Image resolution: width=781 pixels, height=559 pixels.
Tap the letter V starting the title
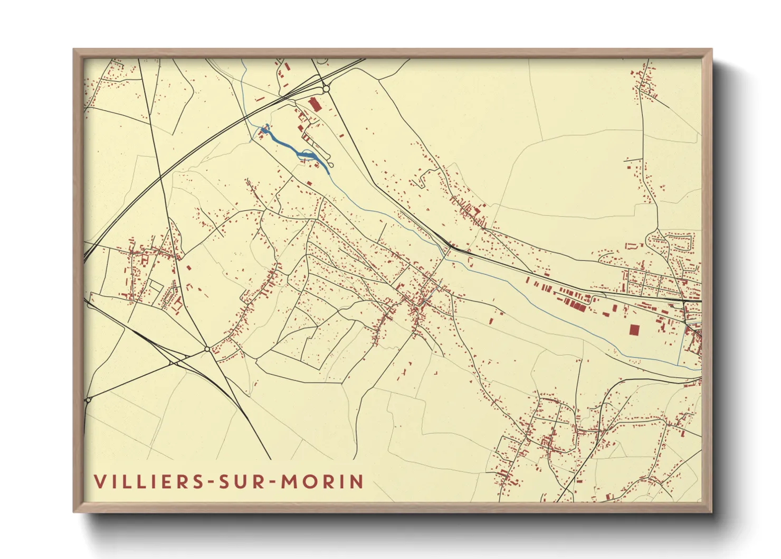point(99,481)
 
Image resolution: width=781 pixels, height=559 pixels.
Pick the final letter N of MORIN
point(357,481)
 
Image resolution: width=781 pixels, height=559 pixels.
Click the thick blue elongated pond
point(296,151)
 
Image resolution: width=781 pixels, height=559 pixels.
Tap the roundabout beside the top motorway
point(326,89)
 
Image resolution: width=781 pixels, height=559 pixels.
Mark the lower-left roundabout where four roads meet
point(207,349)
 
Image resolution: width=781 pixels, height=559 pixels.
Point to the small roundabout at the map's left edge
point(88,400)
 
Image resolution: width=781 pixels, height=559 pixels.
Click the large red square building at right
point(634,330)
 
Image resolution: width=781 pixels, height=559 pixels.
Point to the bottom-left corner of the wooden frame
point(74,511)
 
